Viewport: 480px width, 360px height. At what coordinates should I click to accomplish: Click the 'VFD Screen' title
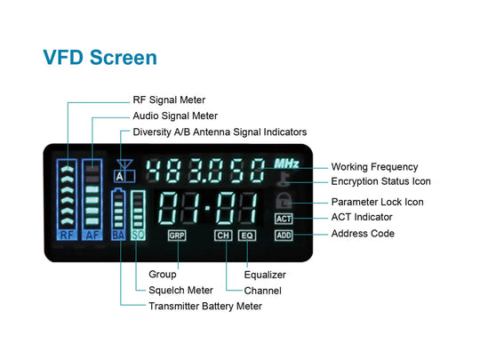click(x=100, y=57)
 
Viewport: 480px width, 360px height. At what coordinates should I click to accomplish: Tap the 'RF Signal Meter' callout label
click(x=169, y=100)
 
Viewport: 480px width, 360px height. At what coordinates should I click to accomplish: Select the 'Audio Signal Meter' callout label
click(x=175, y=116)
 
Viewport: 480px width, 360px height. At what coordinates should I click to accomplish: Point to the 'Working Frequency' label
click(x=374, y=167)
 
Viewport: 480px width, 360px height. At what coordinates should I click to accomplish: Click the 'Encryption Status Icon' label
click(x=380, y=181)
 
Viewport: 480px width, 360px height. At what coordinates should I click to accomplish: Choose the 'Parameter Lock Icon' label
click(x=378, y=202)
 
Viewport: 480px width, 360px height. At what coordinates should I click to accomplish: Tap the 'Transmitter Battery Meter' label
click(x=205, y=306)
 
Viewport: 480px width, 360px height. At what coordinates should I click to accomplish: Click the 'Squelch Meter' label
click(x=180, y=290)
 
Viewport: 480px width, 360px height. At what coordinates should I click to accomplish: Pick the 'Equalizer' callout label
click(x=265, y=275)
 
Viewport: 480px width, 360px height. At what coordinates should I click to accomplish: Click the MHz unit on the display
click(x=286, y=164)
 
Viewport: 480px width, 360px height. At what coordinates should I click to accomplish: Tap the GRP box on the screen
click(x=177, y=236)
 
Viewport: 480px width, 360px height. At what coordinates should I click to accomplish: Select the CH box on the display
click(x=223, y=236)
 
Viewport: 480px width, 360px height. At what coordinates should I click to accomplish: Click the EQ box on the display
click(x=247, y=236)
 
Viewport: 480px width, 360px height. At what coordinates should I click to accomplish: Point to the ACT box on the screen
click(x=284, y=219)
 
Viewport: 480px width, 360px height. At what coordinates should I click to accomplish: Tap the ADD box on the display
click(x=284, y=236)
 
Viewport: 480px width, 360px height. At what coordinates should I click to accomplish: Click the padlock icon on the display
click(x=284, y=201)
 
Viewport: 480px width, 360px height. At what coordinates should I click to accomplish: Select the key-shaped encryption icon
click(x=284, y=179)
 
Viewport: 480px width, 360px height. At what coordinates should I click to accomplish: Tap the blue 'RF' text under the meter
click(x=67, y=235)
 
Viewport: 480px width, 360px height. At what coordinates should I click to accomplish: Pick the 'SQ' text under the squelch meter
click(x=138, y=235)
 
